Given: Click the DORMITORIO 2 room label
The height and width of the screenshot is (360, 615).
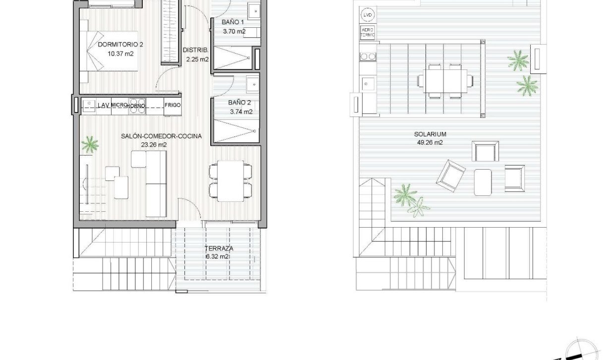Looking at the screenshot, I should [121, 45].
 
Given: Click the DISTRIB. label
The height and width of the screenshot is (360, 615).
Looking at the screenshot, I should [192, 50].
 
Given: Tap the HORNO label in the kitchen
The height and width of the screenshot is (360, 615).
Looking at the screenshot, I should [136, 106].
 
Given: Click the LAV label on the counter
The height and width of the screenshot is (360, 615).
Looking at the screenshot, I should [103, 105].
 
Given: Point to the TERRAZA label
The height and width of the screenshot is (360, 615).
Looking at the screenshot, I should [219, 248].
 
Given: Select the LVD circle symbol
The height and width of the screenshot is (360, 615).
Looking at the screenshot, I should [368, 15].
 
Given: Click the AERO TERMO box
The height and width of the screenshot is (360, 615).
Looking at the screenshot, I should [368, 33].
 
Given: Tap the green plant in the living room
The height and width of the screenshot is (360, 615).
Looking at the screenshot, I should [90, 145].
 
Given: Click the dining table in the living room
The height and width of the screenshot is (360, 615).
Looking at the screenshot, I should [231, 180].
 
